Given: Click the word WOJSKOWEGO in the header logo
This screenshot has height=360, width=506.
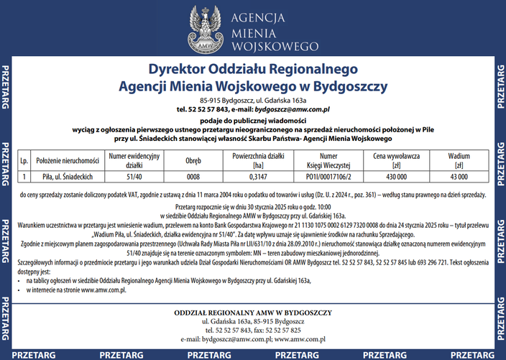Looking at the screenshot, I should click(275, 46).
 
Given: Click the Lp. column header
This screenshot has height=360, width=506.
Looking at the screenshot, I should click(24, 160).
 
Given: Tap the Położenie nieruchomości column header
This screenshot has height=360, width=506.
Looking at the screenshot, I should click(67, 160).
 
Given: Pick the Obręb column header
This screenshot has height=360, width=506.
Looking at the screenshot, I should click(193, 160).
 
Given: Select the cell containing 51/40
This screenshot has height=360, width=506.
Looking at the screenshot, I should click(134, 176).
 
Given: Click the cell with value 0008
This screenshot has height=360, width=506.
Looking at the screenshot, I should click(193, 176).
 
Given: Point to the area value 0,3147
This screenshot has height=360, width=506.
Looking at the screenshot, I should click(257, 176).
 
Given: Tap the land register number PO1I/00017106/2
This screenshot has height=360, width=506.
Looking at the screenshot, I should click(328, 176).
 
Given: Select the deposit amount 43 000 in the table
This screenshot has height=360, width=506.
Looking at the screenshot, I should click(459, 176).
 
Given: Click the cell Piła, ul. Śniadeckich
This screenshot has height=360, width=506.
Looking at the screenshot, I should click(67, 176).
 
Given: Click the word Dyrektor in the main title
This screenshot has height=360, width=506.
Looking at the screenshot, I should click(175, 70).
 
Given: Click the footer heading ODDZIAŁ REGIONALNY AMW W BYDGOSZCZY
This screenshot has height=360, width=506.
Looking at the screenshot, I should click(253, 313).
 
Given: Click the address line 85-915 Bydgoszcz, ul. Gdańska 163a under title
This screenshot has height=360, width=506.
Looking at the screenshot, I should click(253, 100).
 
